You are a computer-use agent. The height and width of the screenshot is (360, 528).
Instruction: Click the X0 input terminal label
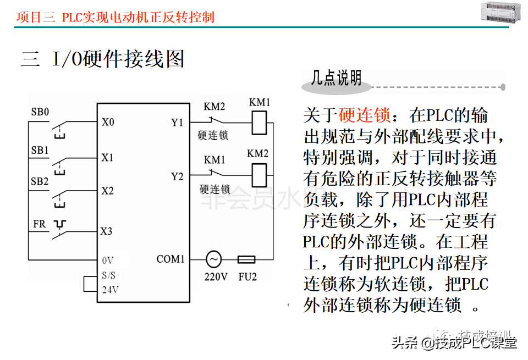(x=108, y=122)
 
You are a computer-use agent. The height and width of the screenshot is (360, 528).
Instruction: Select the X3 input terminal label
(x=107, y=231)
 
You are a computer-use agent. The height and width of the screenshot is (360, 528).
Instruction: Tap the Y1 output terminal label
(x=177, y=123)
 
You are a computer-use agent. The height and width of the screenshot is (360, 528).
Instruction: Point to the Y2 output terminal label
(x=177, y=176)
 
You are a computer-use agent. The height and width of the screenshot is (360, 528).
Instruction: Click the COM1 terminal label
(x=170, y=259)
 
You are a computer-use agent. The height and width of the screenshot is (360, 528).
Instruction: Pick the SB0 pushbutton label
(x=40, y=112)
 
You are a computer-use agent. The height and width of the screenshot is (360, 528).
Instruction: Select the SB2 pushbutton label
(x=40, y=181)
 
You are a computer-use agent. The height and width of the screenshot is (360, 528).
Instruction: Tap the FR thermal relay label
(x=40, y=224)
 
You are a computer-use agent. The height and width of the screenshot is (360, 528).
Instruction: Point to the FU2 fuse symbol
(x=245, y=259)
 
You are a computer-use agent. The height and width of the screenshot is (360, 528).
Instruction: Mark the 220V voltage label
(x=216, y=276)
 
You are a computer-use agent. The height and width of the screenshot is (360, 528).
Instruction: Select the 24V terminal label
(x=110, y=290)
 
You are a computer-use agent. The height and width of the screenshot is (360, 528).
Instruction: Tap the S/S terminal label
(x=109, y=274)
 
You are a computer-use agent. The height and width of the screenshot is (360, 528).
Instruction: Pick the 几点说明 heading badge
(x=337, y=79)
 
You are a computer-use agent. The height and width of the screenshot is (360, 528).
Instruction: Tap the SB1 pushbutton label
(x=40, y=149)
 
